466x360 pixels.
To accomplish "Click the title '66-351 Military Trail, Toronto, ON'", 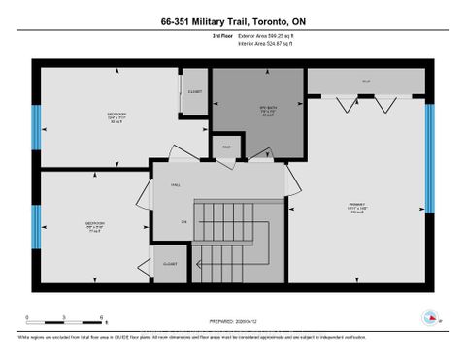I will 233,20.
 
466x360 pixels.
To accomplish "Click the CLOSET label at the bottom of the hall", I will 171,263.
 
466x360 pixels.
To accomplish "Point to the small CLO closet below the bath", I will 226,147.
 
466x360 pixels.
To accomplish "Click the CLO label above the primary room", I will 366,82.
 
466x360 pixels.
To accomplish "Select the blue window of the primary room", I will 428,154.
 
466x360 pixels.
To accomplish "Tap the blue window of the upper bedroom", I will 36,124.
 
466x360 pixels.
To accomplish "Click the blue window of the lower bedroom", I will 36,224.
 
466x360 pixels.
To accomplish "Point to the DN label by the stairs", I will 183,221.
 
